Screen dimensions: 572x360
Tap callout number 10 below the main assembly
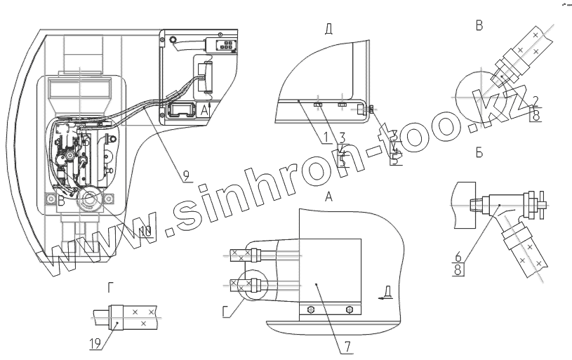145,231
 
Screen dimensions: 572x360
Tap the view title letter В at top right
480,26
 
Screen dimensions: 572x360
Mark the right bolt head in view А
349,309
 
